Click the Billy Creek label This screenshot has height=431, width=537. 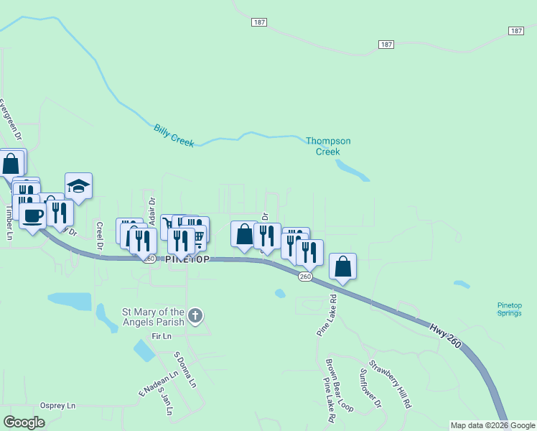pyautogui.click(x=174, y=136)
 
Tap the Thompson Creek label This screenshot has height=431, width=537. pyautogui.click(x=328, y=146)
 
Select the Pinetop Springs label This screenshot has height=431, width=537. pyautogui.click(x=510, y=309)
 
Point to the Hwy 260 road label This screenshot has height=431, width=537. pyautogui.click(x=445, y=337)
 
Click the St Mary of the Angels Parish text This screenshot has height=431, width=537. pyautogui.click(x=154, y=316)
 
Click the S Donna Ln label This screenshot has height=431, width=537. pyautogui.click(x=185, y=369)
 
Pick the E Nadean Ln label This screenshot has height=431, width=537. pyautogui.click(x=157, y=383)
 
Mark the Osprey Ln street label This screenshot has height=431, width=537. pyautogui.click(x=57, y=406)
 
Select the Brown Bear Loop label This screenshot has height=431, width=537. pyautogui.click(x=339, y=385)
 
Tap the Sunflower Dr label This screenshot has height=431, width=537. pyautogui.click(x=370, y=389)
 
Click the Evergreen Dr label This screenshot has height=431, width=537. pyautogui.click(x=11, y=119)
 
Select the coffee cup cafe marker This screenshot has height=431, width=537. pyautogui.click(x=33, y=215)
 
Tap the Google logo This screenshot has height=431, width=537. pyautogui.click(x=24, y=422)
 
